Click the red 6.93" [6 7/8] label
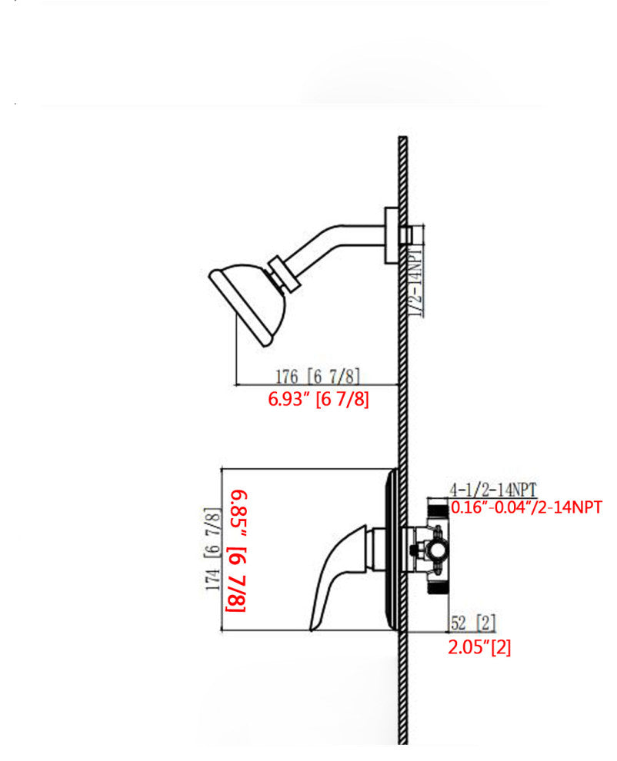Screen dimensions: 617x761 pos(319,399)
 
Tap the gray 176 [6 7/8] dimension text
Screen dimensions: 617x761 pos(318,376)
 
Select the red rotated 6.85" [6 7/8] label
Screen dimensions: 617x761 pos(237,551)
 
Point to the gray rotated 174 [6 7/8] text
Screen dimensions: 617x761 pos(213,549)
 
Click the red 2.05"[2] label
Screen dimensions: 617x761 pos(479,647)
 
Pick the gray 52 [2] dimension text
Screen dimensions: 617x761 pos(473,623)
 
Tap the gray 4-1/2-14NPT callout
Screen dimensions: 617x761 pos(492,489)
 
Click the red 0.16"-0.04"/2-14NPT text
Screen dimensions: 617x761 pos(526,507)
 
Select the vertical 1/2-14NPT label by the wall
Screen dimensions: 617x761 pos(417,281)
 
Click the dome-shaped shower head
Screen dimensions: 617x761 pos(248,304)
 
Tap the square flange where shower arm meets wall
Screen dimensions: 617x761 pos(392,236)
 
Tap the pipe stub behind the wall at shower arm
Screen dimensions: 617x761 pos(407,235)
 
